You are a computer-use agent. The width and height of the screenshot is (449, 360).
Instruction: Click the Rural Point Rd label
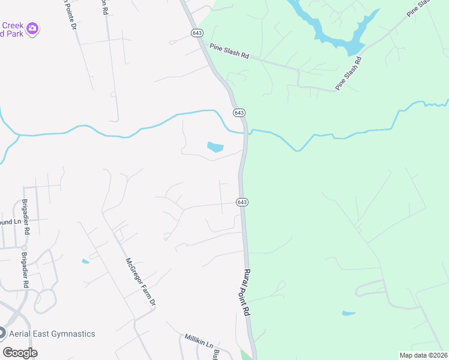click(x=246, y=292)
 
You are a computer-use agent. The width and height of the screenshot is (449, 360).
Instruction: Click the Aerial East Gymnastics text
click(x=52, y=334)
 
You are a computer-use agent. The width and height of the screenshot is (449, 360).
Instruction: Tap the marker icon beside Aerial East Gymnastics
click(x=2, y=333)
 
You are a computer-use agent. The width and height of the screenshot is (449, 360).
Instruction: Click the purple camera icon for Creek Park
click(x=32, y=28)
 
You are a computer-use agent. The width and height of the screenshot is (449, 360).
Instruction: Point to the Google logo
click(x=20, y=352)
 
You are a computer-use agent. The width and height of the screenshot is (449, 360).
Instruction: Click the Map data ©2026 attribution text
click(x=423, y=355)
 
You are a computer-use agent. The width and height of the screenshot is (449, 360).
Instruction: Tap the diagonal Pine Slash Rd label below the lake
click(x=349, y=73)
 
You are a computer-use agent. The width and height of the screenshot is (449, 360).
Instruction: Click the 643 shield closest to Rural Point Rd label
click(x=242, y=202)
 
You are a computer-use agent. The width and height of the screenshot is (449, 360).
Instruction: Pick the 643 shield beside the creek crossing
click(x=239, y=113)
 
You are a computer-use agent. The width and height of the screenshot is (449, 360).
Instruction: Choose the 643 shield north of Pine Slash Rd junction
click(x=197, y=33)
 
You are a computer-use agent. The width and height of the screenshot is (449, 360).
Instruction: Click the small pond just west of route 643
click(x=215, y=146)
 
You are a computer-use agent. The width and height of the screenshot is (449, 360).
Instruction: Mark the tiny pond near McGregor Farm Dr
click(x=85, y=261)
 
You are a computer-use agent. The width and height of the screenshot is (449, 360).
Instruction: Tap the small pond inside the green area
click(x=348, y=313)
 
